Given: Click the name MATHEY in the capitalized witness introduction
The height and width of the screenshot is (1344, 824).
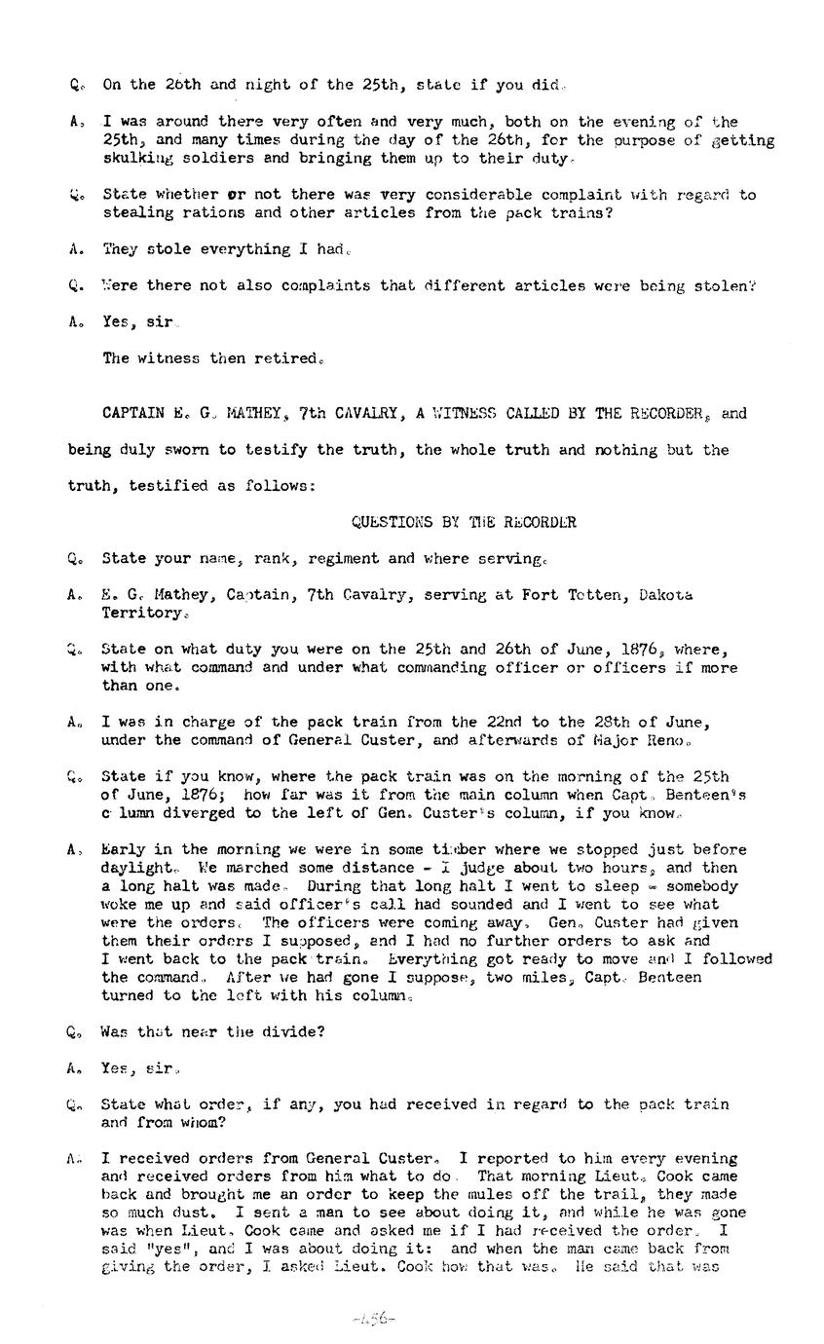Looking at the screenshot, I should click(252, 413).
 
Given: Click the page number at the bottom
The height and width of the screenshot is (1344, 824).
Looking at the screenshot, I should click(373, 1319).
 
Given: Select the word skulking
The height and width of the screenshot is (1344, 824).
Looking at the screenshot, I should click(137, 158).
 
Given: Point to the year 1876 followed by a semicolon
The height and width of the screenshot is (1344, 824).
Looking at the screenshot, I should click(203, 795).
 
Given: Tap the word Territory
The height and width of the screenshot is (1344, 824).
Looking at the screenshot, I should click(141, 613).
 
